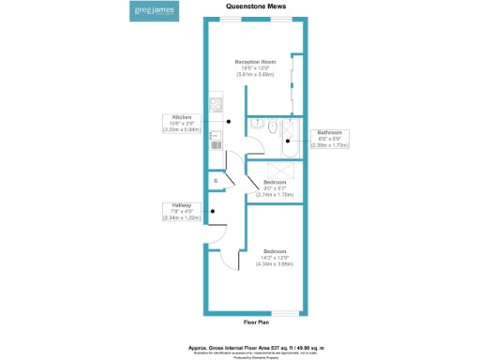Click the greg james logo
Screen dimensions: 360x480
point(153,13)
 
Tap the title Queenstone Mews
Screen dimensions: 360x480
point(255,5)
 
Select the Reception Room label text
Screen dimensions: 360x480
point(255,62)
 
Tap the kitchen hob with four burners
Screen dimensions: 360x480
point(216,104)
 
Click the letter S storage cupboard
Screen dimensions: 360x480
point(216,180)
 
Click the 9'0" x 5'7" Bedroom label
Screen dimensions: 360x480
point(276,187)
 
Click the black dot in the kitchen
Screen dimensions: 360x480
point(230,122)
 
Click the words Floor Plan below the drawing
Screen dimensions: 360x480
point(256,322)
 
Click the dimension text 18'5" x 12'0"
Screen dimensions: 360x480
point(255,67)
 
